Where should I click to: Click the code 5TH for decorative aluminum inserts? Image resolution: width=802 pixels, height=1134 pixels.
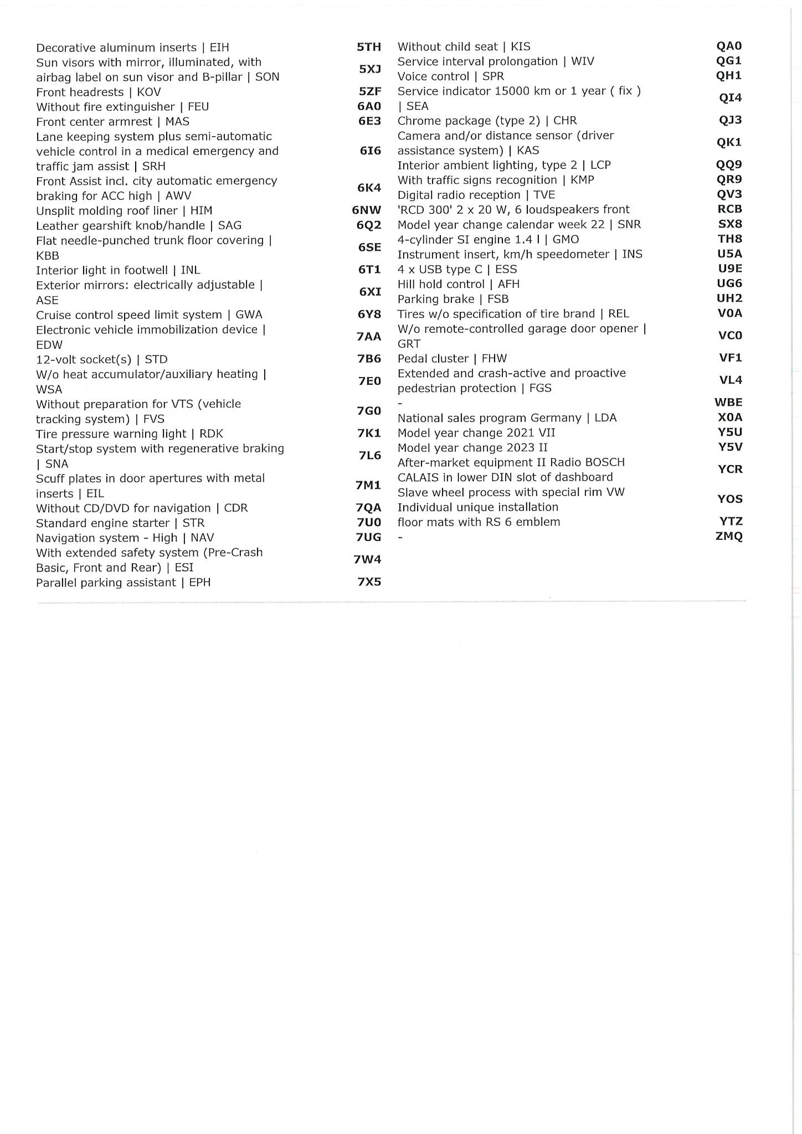(369, 47)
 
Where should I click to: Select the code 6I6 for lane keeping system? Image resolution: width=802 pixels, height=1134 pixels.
(370, 151)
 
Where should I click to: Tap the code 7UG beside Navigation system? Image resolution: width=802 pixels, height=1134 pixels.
(368, 537)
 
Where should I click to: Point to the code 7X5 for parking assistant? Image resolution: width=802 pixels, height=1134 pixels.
(369, 582)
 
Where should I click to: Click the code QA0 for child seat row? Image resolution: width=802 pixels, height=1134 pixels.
(729, 46)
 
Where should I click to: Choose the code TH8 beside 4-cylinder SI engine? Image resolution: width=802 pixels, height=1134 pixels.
(730, 239)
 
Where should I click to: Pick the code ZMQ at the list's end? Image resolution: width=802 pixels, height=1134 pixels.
(729, 536)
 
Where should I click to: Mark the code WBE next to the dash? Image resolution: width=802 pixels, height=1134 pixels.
(728, 403)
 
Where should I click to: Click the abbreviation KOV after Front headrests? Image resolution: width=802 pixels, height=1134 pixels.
(148, 92)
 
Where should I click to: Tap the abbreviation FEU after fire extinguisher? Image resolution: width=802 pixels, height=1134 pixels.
(198, 107)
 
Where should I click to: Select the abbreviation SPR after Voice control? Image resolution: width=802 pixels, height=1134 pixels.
(493, 76)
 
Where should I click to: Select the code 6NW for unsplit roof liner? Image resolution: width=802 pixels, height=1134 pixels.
(366, 210)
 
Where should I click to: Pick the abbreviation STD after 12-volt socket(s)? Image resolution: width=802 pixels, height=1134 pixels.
(156, 359)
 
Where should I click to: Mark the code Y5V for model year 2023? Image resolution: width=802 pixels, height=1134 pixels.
(730, 447)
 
